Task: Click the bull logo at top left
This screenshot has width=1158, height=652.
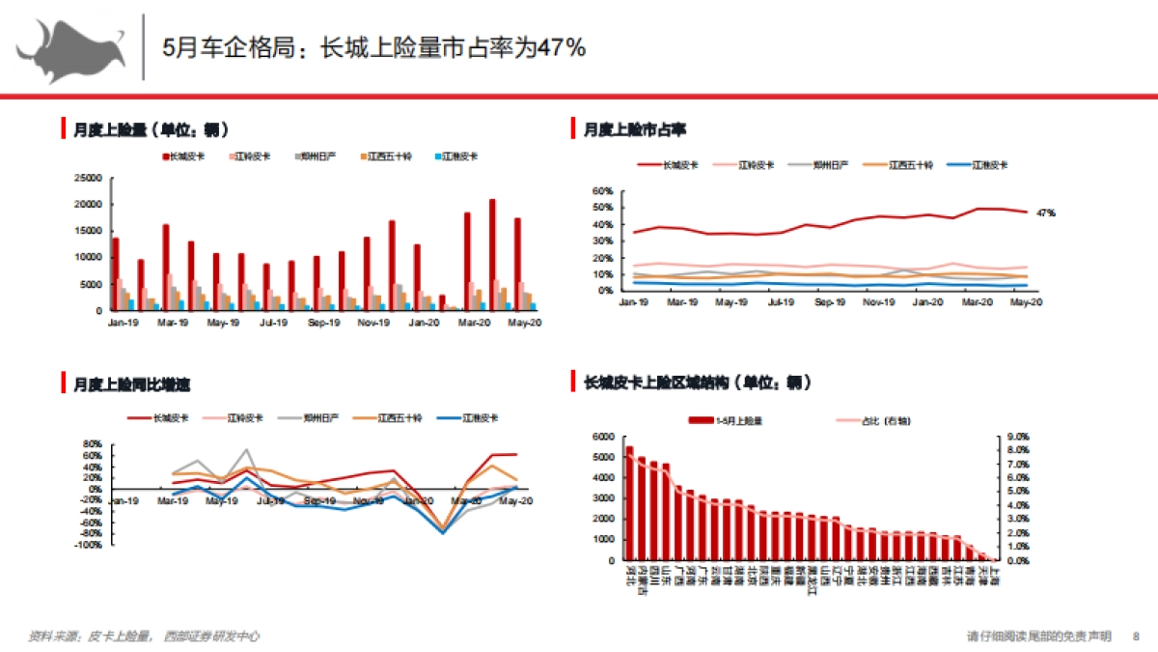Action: point(69,48)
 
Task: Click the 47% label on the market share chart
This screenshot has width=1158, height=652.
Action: point(1045,212)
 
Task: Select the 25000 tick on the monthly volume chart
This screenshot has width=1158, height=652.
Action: point(89,178)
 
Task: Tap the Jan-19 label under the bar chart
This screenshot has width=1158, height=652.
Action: point(121,322)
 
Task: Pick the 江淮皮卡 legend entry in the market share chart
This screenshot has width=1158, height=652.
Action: point(989,165)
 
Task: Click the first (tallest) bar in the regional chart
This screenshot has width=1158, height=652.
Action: point(630,502)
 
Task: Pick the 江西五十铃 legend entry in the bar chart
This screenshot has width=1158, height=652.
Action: point(389,156)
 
